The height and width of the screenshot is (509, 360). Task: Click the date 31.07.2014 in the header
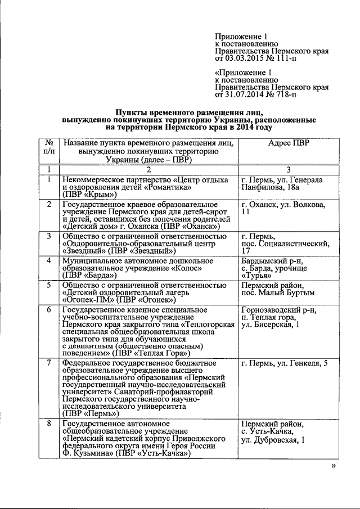pyautogui.click(x=244, y=95)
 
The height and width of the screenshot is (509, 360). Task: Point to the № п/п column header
pyautogui.click(x=49, y=147)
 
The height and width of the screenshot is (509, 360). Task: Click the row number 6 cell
pyautogui.click(x=49, y=309)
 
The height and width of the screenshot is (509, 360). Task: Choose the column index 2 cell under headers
pyautogui.click(x=149, y=170)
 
